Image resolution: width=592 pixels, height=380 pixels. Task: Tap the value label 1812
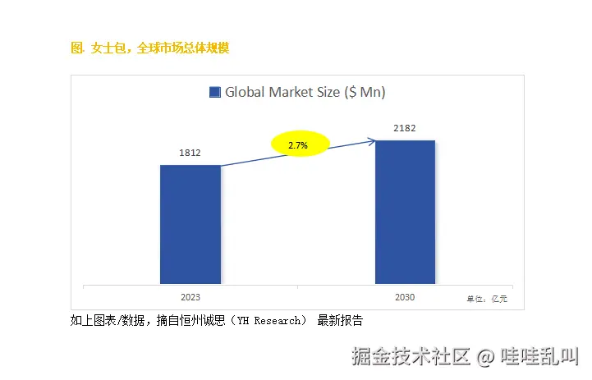point(190,153)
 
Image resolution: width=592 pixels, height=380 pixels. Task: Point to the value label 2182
point(405,128)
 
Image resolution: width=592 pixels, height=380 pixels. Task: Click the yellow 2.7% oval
point(299,144)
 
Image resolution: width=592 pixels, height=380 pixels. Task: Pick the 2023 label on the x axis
point(190,297)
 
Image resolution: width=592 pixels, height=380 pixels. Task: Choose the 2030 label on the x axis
point(405,297)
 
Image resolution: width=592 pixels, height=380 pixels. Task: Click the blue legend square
point(215,93)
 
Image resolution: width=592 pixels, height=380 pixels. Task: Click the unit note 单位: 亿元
point(487,299)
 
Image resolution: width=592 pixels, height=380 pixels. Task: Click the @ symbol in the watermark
point(485,357)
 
